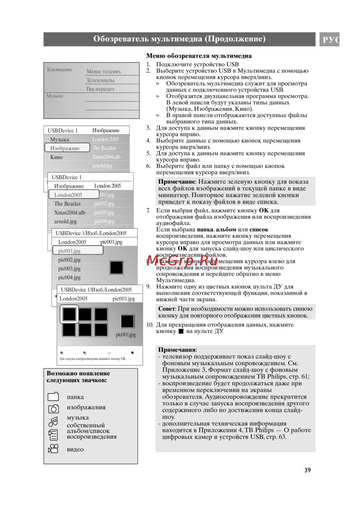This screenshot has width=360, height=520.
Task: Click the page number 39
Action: click(307, 470)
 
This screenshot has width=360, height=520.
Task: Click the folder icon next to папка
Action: click(53, 397)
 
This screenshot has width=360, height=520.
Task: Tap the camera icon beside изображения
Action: click(53, 408)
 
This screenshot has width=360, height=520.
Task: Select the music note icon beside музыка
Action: click(53, 421)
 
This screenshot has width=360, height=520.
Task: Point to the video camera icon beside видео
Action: click(53, 449)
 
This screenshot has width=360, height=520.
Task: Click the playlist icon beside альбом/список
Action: click(53, 435)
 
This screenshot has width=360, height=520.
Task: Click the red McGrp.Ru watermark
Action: click(182, 260)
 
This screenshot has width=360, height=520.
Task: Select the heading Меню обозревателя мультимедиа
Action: click(199, 56)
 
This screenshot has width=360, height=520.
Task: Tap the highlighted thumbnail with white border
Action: click(69, 314)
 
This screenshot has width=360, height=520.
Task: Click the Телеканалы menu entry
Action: click(100, 80)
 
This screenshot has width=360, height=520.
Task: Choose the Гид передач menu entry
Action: click(100, 89)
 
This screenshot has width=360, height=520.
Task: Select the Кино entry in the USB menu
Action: click(57, 157)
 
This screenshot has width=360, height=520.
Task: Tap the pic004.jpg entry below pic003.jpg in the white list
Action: click(69, 277)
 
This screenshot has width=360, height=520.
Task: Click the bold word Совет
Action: click(167, 309)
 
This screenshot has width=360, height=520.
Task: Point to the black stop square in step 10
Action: click(181, 331)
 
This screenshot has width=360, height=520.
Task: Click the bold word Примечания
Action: click(177, 350)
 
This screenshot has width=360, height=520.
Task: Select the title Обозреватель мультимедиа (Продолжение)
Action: click(179, 39)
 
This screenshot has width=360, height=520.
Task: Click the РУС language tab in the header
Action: click(330, 39)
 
